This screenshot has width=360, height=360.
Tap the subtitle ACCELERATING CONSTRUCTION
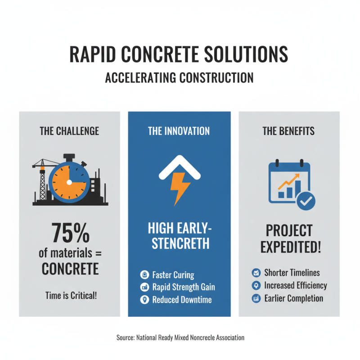tap(179, 77)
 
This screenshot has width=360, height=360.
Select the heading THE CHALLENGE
tap(69, 131)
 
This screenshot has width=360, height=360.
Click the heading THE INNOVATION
tap(179, 131)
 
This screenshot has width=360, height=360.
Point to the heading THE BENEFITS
tap(288, 131)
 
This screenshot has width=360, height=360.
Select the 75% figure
tap(69, 234)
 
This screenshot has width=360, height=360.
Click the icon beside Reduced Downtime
tap(144, 300)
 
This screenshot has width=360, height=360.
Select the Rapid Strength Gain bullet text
tap(183, 287)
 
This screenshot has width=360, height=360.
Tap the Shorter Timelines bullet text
tap(292, 273)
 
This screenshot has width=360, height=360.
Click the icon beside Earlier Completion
tap(256, 298)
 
